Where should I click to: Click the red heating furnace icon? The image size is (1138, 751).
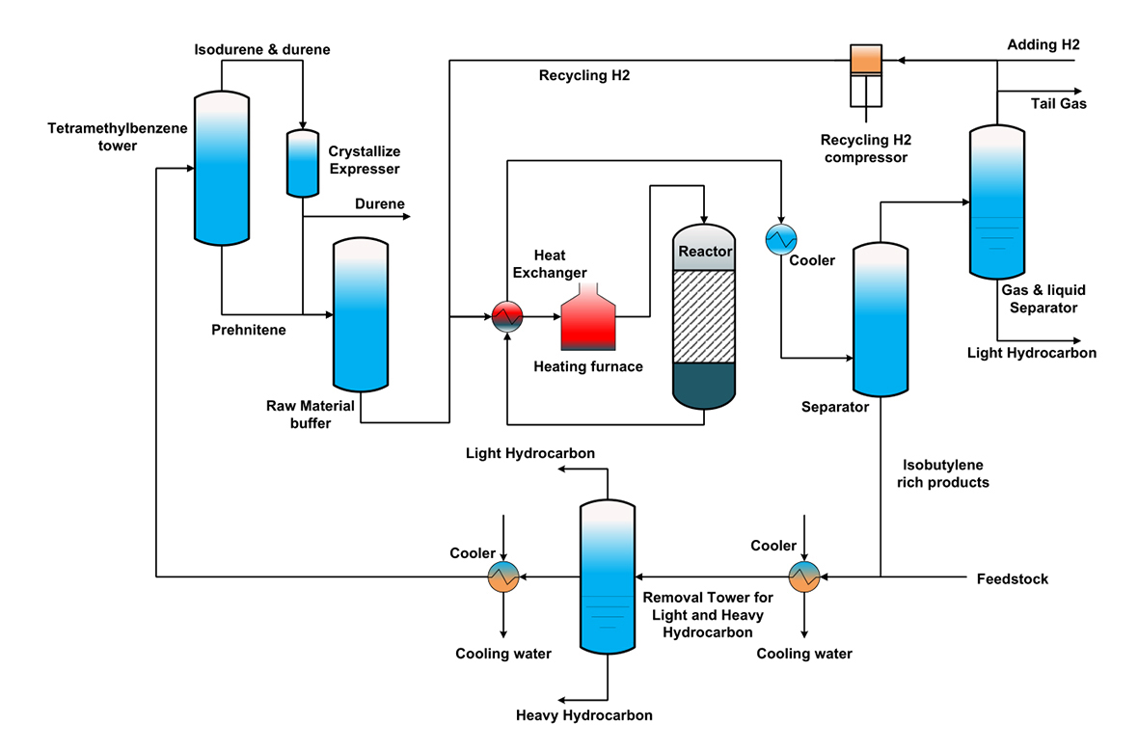588,319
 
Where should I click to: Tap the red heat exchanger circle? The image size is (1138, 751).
506,316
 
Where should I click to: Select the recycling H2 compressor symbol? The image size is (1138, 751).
865,75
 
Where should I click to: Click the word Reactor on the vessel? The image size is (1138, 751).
705,253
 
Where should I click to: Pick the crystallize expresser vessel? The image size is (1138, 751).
303,162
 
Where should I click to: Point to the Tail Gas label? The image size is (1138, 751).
1059,104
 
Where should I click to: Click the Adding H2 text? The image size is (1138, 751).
1043,45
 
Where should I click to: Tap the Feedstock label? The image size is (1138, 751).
1012,579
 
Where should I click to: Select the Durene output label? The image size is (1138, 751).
380,203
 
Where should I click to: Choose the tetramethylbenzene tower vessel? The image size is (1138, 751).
221,167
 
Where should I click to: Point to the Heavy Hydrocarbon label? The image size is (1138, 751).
584,715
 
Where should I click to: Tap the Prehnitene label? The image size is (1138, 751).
248,330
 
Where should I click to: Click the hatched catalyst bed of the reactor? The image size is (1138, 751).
704,316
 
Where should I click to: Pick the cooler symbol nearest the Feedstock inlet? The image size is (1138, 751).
803,577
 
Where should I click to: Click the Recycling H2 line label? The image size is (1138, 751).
584,74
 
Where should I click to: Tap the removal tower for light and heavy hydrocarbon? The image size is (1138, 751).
608,577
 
